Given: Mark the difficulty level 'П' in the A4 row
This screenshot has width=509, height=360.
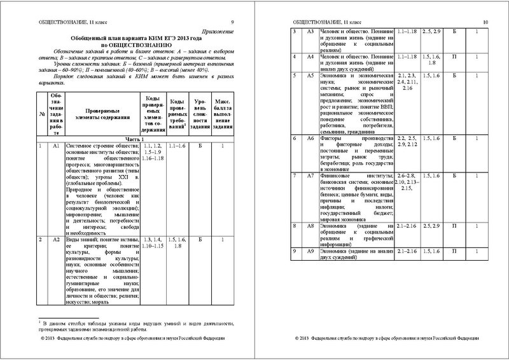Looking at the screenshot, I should coord(443,58).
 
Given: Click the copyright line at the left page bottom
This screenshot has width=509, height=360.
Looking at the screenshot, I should coord(136,347).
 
